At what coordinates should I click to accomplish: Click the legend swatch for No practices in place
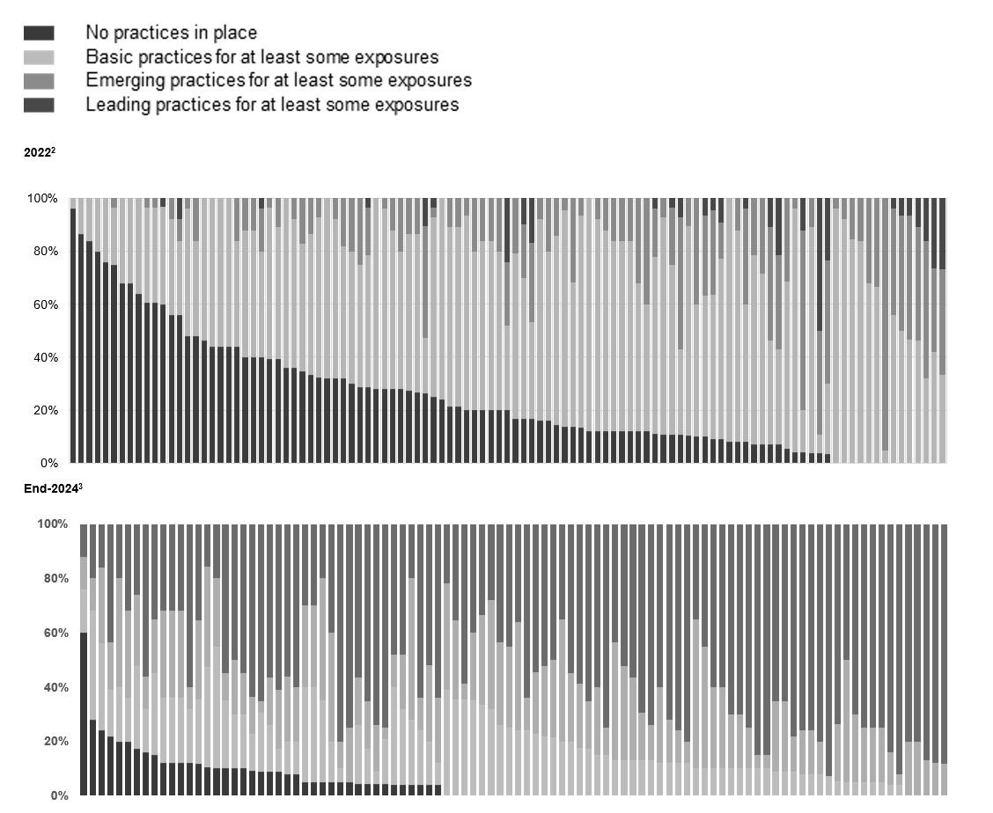[x=39, y=33]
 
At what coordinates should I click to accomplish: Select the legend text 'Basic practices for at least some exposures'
[x=261, y=57]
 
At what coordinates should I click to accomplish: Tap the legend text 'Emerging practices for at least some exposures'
[x=278, y=80]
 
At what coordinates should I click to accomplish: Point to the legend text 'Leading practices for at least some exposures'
[x=272, y=104]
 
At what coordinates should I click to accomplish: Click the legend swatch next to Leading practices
[x=39, y=105]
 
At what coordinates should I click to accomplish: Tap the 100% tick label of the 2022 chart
[x=40, y=199]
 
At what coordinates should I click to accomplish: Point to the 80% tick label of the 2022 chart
[x=43, y=252]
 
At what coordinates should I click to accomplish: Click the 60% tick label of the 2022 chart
[x=43, y=304]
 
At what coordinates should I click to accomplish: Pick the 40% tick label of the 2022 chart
[x=43, y=357]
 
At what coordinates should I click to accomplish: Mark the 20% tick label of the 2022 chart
[x=43, y=410]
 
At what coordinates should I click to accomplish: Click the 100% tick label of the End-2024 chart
[x=52, y=524]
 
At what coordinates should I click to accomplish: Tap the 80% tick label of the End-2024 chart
[x=55, y=579]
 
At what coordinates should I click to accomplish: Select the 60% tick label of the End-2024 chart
[x=55, y=634]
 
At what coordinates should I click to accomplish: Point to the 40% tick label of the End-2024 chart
[x=55, y=687]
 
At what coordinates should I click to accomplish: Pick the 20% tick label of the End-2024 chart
[x=55, y=742]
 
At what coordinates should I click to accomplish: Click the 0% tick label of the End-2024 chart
[x=58, y=795]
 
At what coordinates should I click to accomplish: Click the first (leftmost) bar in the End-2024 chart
[x=84, y=660]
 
